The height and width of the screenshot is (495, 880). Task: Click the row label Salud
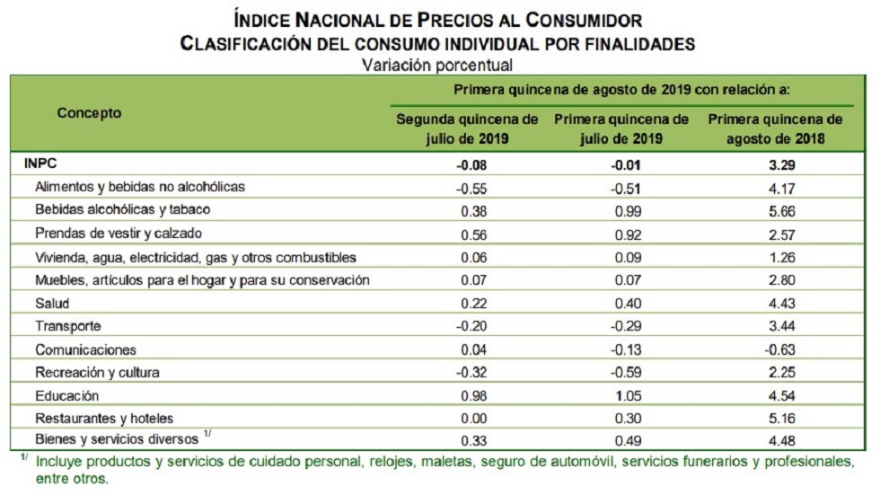(52, 304)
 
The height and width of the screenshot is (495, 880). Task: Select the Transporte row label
(68, 327)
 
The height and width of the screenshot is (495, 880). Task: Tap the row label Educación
(66, 396)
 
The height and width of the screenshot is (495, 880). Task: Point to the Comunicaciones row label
(85, 349)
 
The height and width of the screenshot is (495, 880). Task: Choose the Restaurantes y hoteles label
(103, 419)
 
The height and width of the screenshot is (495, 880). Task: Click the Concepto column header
(89, 113)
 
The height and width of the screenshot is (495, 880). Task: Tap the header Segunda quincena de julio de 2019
(467, 128)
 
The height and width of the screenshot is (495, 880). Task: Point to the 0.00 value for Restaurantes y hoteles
(467, 419)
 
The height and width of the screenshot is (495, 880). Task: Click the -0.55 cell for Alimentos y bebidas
(467, 188)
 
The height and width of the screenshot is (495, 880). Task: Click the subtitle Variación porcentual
(437, 65)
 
